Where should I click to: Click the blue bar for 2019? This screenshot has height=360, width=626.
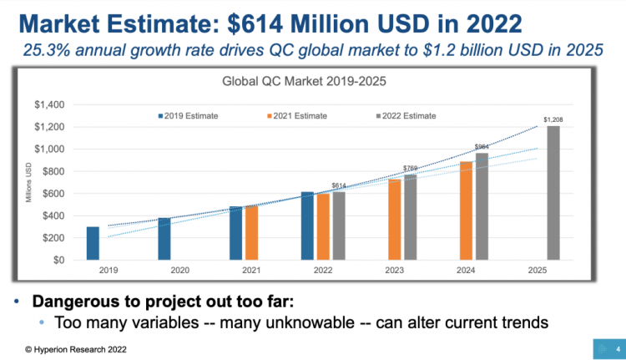click(93, 243)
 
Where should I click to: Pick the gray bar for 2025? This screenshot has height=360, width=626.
click(554, 193)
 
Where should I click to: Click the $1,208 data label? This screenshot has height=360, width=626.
click(553, 120)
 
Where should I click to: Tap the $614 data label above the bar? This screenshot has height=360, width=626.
click(338, 185)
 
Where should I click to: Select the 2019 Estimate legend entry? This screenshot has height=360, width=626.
click(189, 116)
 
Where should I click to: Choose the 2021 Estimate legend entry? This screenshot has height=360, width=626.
click(296, 116)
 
